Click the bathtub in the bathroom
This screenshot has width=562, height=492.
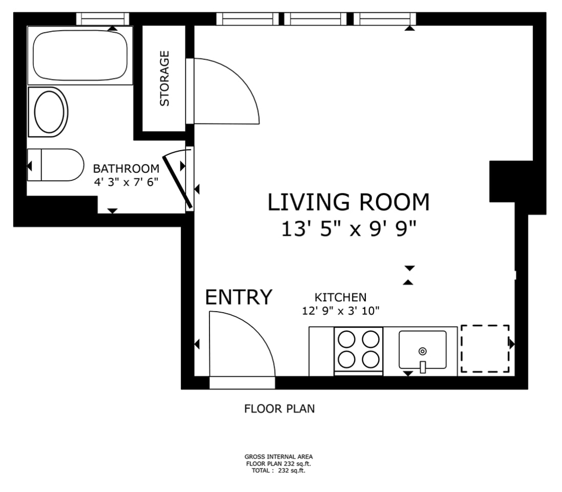(x=80, y=55)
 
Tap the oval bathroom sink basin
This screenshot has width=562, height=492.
(x=49, y=112)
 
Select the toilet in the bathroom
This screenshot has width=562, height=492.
(x=55, y=165)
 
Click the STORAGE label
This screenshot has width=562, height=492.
(x=164, y=78)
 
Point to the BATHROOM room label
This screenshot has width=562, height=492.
(x=126, y=169)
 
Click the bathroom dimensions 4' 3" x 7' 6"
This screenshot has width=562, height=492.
(x=126, y=182)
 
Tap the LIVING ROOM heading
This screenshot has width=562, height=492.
(x=348, y=202)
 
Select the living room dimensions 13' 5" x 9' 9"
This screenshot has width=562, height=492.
(x=349, y=229)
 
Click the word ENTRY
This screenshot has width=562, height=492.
(x=239, y=297)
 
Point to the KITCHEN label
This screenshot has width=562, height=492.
(x=341, y=297)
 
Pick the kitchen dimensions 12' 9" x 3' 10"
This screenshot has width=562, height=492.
(x=341, y=311)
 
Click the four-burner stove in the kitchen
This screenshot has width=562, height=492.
(x=359, y=351)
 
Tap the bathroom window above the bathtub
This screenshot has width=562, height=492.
(x=102, y=19)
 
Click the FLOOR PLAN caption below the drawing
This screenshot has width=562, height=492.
(x=280, y=409)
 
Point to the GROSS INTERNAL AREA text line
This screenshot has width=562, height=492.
(x=279, y=457)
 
